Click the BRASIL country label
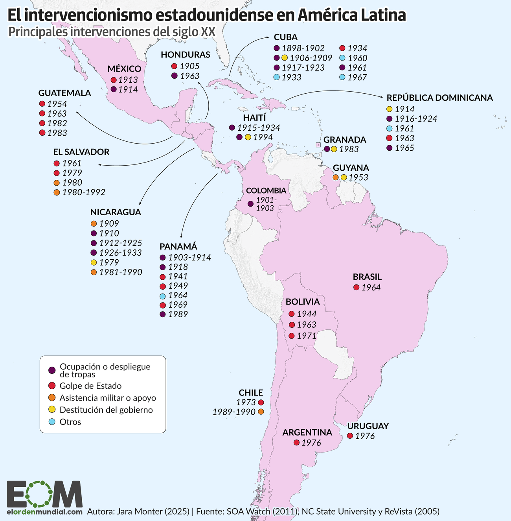367,277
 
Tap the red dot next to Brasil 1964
356,288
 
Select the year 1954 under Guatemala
57,104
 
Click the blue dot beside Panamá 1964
163,296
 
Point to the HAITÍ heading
254,118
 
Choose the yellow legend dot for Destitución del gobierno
51,410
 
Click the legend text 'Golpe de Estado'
90,386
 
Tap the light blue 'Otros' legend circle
51,422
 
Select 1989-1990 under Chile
234,412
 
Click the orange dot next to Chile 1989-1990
261,412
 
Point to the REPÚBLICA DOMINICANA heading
439,98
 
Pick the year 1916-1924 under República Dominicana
416,119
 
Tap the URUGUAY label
368,426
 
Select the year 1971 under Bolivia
307,336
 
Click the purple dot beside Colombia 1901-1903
250,204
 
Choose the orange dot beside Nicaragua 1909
94,224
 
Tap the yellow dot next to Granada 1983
334,149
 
